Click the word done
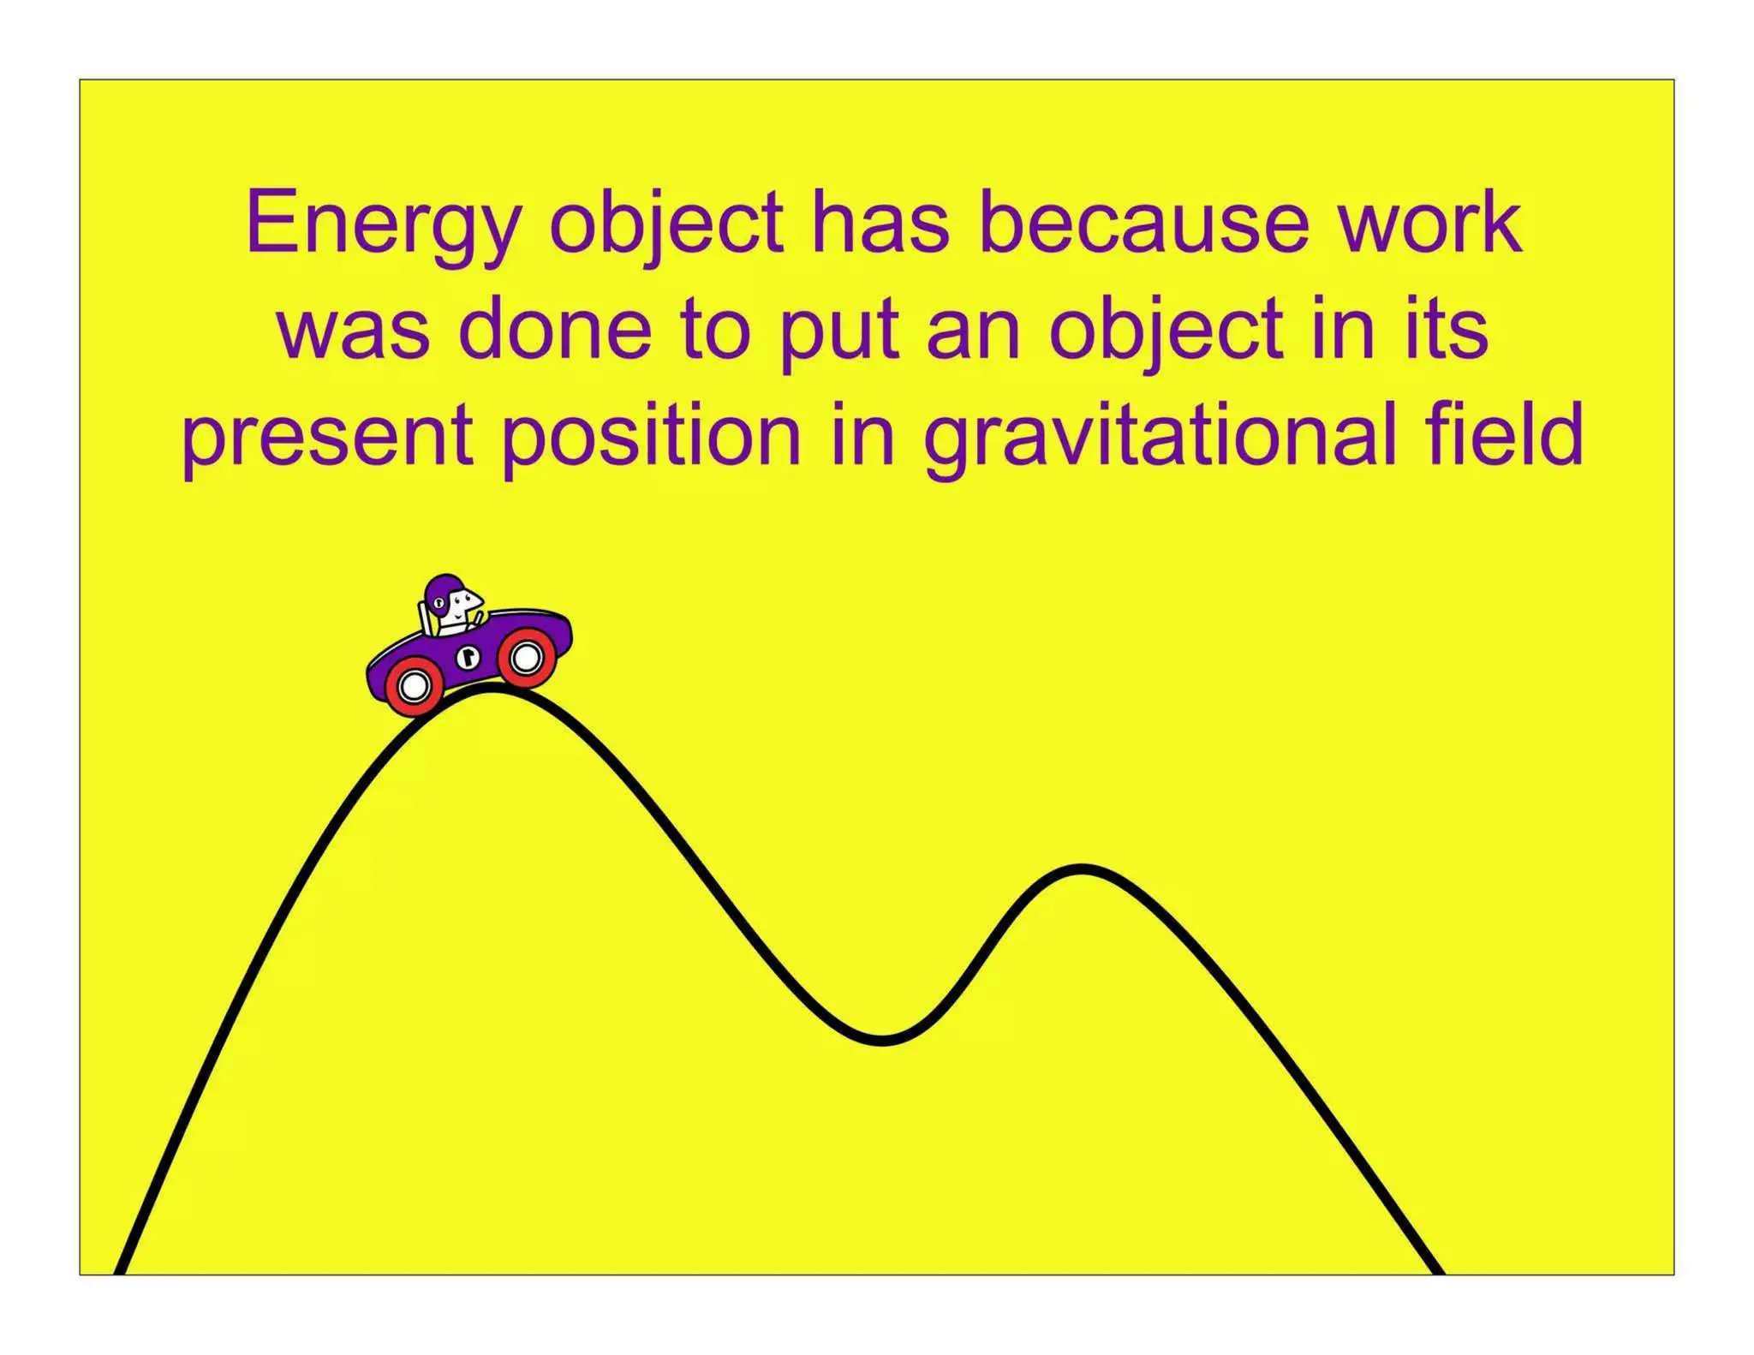[560, 330]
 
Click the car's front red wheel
[526, 657]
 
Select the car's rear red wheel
[414, 686]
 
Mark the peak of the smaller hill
[1083, 870]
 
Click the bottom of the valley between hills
[882, 1040]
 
